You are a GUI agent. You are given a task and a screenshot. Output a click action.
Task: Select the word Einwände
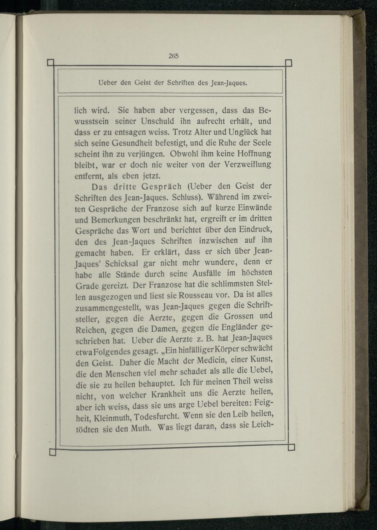256,208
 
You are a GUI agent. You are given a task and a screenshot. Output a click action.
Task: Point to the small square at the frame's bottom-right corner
290,447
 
